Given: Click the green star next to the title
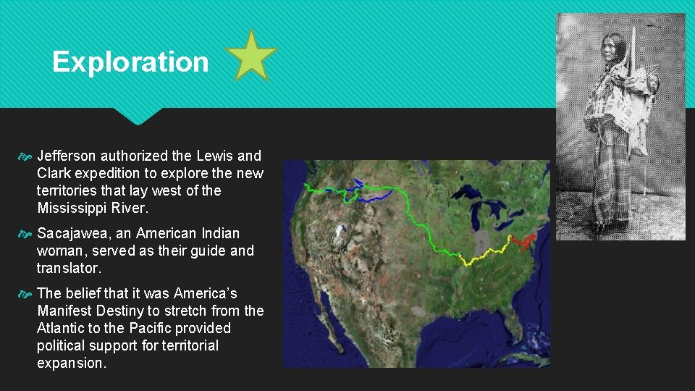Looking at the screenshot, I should pos(251,56).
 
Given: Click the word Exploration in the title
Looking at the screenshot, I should pos(130,62).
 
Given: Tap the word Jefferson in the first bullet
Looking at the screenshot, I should pos(67,156).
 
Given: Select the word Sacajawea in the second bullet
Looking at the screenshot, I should pos(69,233).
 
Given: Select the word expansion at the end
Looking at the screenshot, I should pos(70,363).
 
